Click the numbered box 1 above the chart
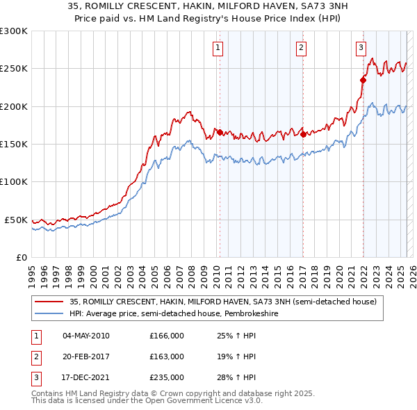point(218,48)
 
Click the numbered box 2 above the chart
point(302,48)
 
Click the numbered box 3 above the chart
point(361,48)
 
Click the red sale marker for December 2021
point(363,80)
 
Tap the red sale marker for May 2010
point(220,132)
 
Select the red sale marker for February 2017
point(303,134)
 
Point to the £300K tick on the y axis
point(14,31)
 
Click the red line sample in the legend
point(49,302)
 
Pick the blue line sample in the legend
point(49,313)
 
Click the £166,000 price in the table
point(167,336)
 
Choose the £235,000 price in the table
point(167,377)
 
